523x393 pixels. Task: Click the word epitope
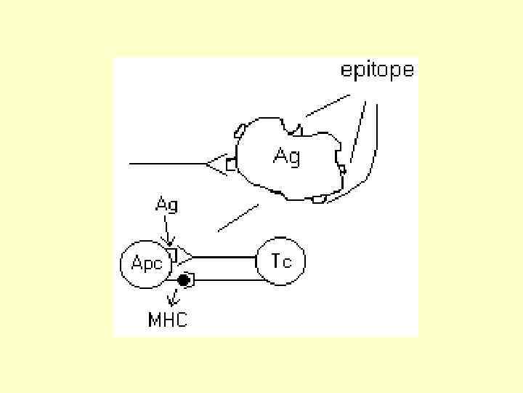click(x=377, y=70)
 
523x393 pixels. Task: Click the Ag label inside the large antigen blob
click(x=286, y=156)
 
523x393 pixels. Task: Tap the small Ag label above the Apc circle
click(x=167, y=205)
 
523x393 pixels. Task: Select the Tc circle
click(x=280, y=261)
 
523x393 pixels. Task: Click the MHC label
click(x=167, y=319)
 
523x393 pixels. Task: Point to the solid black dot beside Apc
click(x=185, y=279)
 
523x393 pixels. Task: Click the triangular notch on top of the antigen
click(x=296, y=130)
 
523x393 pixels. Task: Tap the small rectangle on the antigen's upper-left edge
click(x=240, y=131)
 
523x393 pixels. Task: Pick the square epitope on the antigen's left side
click(x=231, y=165)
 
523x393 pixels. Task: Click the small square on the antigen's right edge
click(x=341, y=170)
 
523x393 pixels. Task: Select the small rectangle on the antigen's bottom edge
click(x=318, y=199)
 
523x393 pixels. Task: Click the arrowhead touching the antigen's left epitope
click(x=216, y=165)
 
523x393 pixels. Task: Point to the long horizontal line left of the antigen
click(x=167, y=164)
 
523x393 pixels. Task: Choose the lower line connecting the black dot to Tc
click(x=225, y=279)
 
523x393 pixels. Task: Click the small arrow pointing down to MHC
click(x=172, y=297)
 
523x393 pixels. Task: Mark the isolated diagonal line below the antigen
click(x=238, y=218)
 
